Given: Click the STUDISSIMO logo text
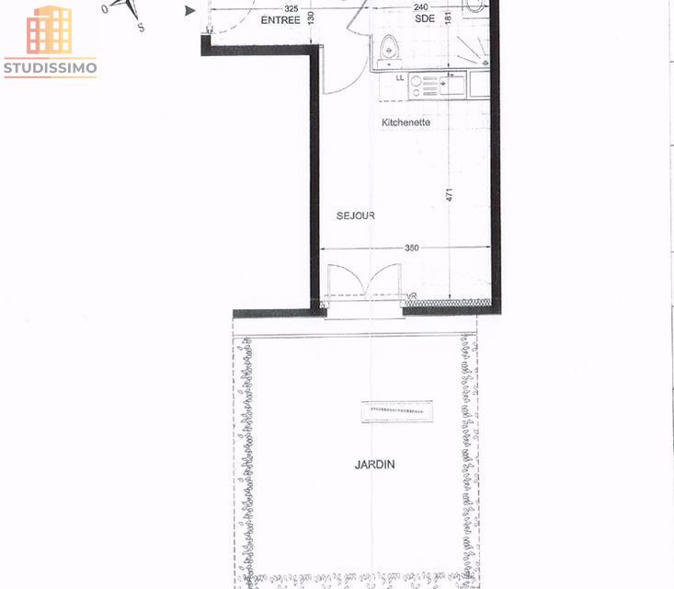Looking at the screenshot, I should point(50,67).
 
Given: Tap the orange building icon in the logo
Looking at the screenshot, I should point(50,30).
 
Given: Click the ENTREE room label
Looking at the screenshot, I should point(280,19).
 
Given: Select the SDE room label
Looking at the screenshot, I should point(425,19).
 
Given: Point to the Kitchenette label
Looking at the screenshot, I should point(406,122).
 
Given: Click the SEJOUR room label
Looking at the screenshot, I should point(355,215).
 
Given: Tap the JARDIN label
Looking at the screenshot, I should point(374,465).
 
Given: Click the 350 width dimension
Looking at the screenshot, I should point(411,248).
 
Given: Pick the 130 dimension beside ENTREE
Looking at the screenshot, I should point(311,17).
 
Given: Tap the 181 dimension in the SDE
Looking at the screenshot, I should point(448,18).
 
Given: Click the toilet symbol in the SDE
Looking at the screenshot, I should point(389,47).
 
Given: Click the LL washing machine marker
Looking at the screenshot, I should point(400,77).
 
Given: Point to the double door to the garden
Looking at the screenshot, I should point(365,282).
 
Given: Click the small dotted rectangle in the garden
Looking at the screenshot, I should point(397,411).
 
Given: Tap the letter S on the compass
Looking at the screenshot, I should point(140,28).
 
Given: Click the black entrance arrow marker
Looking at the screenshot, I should point(190,10).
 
